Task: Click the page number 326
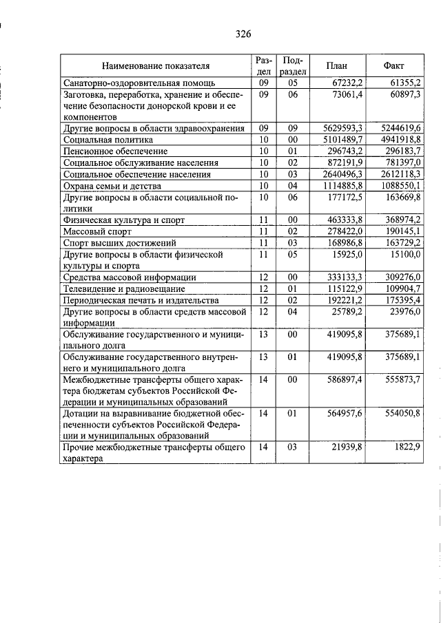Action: pos(243,34)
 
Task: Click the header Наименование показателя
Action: pos(156,66)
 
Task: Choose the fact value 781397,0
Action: pos(402,162)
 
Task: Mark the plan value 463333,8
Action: pos(345,220)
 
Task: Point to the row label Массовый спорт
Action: pos(93,231)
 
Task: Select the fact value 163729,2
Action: pos(402,242)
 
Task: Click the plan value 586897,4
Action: pos(345,379)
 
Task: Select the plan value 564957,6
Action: pos(345,413)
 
